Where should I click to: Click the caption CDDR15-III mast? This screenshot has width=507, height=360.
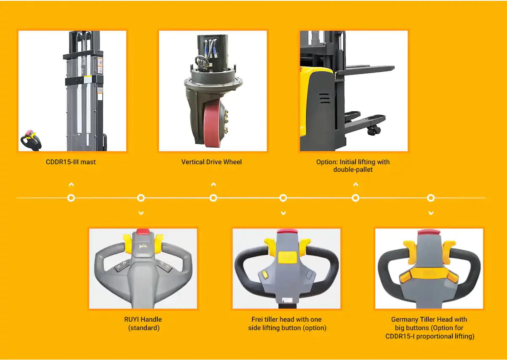click(71, 162)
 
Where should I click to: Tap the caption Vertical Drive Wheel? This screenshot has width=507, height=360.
click(211, 162)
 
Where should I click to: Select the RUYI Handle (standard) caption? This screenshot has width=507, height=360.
click(143, 323)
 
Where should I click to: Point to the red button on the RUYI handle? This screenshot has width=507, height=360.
click(142, 232)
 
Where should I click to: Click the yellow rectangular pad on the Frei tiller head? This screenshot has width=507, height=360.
click(287, 257)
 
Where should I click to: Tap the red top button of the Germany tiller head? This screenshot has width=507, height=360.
click(429, 232)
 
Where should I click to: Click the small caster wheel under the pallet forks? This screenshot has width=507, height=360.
click(374, 131)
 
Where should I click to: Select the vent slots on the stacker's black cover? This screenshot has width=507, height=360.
click(324, 98)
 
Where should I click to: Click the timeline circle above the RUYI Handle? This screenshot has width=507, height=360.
click(141, 198)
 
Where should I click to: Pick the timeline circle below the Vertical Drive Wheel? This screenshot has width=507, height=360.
click(213, 198)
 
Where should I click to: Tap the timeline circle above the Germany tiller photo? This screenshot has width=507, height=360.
click(431, 198)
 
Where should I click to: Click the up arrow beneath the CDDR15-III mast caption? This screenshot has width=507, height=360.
click(71, 185)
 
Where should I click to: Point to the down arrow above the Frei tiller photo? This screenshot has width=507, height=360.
click(283, 213)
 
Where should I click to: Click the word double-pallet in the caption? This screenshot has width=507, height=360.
click(353, 170)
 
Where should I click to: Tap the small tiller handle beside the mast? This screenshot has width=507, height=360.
click(31, 140)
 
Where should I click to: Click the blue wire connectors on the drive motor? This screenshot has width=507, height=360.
click(211, 48)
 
